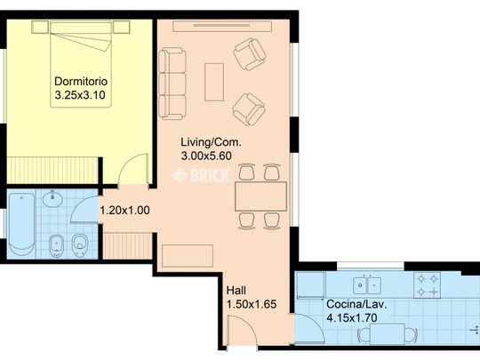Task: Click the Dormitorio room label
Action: pos(81,82)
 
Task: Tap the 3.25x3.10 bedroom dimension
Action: pos(80,95)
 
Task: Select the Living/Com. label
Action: pos(211,142)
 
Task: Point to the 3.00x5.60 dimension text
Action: pos(206,156)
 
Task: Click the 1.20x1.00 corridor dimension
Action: pos(125,211)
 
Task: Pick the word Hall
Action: pos(236,290)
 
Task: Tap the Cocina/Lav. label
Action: pos(356,304)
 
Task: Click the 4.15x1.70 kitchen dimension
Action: pos(352,317)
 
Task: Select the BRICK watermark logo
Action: pos(201,176)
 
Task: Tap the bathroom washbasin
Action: pos(52,199)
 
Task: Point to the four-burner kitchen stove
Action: pos(427,285)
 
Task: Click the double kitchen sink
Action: pos(367,285)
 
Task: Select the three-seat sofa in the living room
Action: pos(172,84)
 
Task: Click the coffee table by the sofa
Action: pos(214,82)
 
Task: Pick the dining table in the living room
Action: pos(260,196)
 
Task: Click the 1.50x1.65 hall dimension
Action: pos(252,304)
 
